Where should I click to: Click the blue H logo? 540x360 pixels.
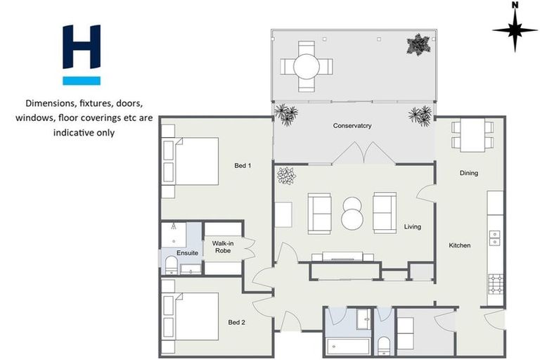(x=82, y=54)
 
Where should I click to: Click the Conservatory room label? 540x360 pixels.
(x=352, y=126)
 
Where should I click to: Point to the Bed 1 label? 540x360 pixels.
(x=243, y=165)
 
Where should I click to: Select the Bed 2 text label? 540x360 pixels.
(x=236, y=322)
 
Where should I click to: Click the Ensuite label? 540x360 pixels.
(x=187, y=252)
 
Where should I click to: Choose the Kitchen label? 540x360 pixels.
(x=460, y=245)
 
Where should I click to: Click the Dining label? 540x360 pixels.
(x=469, y=172)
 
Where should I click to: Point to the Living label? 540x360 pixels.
(x=412, y=226)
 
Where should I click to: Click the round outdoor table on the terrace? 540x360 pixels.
(x=307, y=67)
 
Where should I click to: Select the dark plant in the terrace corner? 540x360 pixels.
(x=417, y=44)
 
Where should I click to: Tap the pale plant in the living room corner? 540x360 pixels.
(x=285, y=176)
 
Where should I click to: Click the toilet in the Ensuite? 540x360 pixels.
(x=170, y=264)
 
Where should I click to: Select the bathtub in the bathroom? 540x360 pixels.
(x=348, y=346)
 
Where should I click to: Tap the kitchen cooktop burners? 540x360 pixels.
(x=495, y=283)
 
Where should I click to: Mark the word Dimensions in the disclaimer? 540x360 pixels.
(x=50, y=102)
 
